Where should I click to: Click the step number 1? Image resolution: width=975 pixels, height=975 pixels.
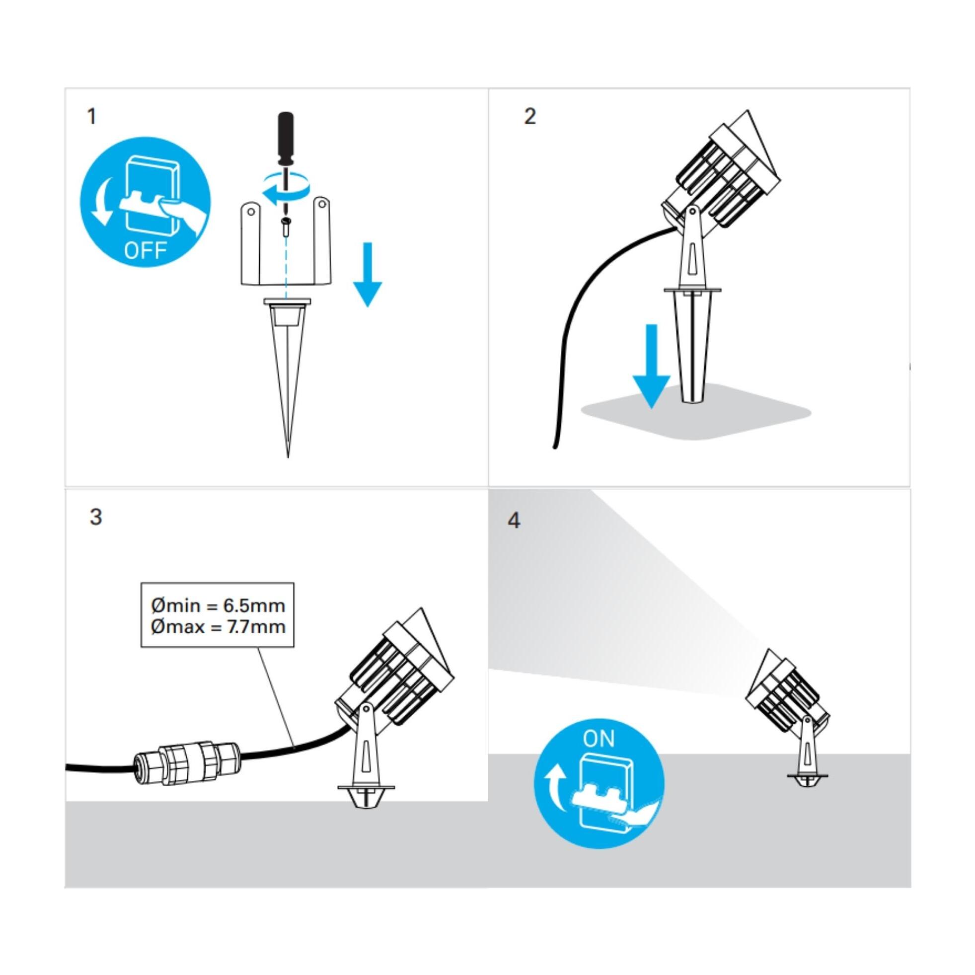pyautogui.click(x=91, y=117)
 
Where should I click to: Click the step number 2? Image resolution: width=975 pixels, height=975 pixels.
pyautogui.click(x=530, y=117)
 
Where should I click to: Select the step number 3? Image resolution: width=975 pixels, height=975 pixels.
pyautogui.click(x=95, y=517)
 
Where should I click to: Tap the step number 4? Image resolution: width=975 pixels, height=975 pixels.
pyautogui.click(x=514, y=521)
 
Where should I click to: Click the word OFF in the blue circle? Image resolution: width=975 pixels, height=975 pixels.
pyautogui.click(x=146, y=250)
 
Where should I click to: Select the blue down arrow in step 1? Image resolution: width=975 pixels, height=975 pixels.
pyautogui.click(x=368, y=274)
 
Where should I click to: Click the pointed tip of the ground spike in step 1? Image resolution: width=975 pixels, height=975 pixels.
pyautogui.click(x=288, y=457)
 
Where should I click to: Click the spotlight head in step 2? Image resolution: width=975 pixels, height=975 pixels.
pyautogui.click(x=722, y=174)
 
